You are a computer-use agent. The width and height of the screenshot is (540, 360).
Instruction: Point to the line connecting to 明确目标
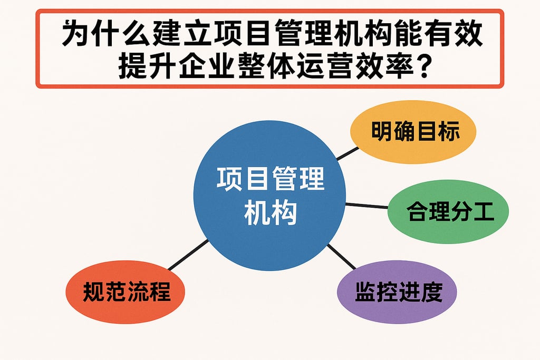tap(347, 153)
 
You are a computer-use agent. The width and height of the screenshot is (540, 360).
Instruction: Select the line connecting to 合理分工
tap(367, 206)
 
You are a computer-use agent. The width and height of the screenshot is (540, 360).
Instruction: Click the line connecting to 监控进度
tap(342, 257)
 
